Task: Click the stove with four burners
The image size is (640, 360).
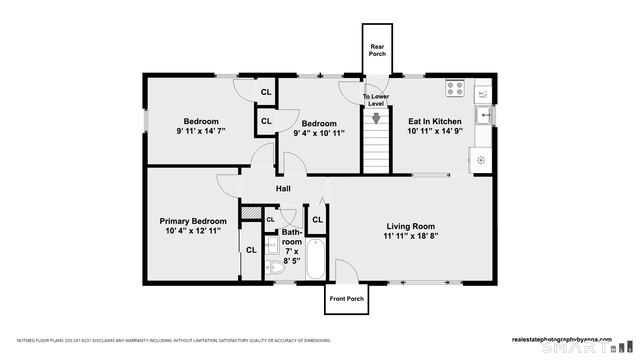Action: coord(455,88)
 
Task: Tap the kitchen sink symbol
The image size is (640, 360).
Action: coord(483,115)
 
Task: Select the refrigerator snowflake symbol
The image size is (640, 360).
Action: coord(481,160)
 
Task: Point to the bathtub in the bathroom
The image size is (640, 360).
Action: coord(315,259)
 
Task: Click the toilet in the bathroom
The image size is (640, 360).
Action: coord(275,267)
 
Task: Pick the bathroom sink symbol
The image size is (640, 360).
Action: coord(272,245)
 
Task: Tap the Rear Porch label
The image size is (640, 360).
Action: coord(377,50)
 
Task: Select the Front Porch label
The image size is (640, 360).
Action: coord(347,299)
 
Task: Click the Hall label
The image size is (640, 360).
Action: coord(283,189)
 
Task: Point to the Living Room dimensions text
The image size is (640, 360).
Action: coord(411,236)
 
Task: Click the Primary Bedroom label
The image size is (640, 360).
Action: coord(193,221)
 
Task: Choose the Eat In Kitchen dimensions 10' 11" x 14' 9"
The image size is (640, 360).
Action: coord(435,131)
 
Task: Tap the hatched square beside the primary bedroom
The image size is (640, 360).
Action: coord(251,213)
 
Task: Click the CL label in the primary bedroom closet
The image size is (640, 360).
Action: coord(251,250)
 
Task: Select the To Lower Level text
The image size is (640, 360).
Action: coord(376,100)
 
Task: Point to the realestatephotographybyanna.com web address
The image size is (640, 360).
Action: coord(562,340)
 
